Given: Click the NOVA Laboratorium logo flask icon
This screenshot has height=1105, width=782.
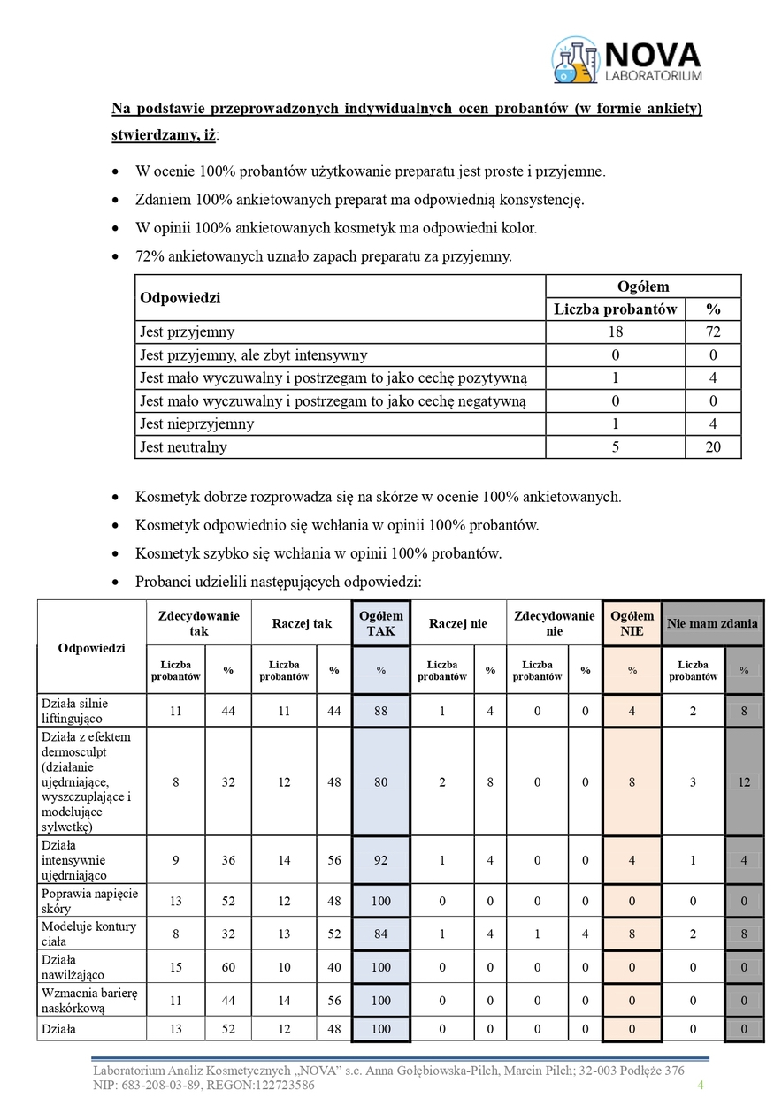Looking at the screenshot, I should pos(575,60).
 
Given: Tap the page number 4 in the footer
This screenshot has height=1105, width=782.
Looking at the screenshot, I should pos(701,1085).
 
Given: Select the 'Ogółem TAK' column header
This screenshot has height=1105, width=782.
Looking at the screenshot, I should pos(380,623).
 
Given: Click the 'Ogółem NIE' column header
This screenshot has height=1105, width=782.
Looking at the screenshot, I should pos(632,623).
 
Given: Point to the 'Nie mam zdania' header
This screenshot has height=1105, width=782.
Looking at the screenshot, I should pos(712,623).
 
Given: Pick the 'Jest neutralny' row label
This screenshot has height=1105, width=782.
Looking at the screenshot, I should pos(183,447).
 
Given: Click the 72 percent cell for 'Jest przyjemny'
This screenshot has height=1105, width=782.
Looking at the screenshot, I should pos(713,332).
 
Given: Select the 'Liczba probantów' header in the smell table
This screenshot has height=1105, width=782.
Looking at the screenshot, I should pos(616,309).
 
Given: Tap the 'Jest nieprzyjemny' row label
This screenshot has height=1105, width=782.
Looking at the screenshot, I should pos(196,424).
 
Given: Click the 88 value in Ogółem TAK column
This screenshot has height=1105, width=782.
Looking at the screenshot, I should pos(380,710).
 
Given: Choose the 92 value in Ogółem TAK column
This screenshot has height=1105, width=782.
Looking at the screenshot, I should pos(380,861).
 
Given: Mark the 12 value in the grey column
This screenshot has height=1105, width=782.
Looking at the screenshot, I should pos(744,781).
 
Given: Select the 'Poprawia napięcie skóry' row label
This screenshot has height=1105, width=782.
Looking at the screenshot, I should pos(89,901).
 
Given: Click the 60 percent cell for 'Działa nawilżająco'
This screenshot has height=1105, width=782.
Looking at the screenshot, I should pos(228,967).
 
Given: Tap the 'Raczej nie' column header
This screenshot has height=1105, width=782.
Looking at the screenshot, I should pos(457,623).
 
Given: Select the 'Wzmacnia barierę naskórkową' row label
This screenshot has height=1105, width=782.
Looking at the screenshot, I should pos(88,1000).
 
